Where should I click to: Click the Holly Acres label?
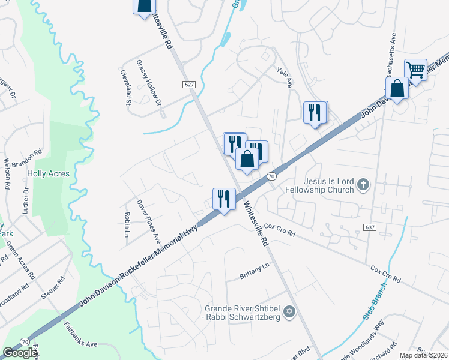tap(48, 174)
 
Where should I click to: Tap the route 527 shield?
tap(189, 85)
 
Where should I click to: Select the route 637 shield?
tap(370, 226)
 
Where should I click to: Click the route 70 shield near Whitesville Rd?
tap(271, 176)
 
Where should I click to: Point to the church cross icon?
tap(363, 185)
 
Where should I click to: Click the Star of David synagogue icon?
tap(290, 312)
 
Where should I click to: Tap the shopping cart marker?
tap(415, 70)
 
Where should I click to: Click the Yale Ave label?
tap(285, 77)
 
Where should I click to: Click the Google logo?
tap(20, 353)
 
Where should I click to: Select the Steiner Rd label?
tap(61, 289)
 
